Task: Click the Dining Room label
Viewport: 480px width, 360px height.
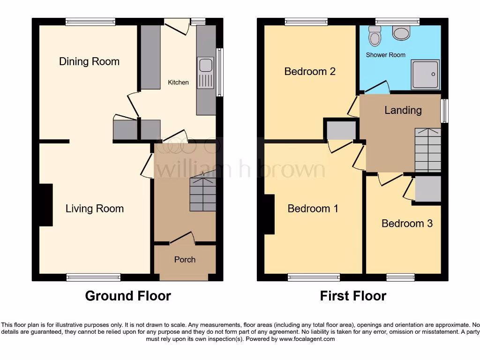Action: (89, 61)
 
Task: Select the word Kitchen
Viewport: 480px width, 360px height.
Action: (178, 82)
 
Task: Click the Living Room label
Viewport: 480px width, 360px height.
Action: (94, 209)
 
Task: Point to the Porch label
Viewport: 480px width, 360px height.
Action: (185, 259)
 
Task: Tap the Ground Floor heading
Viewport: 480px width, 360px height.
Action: (128, 296)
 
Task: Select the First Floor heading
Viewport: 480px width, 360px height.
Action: (353, 296)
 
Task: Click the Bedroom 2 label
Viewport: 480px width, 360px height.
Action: (310, 71)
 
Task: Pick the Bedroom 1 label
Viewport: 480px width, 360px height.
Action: (313, 209)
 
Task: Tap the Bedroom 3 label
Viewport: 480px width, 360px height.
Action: (407, 223)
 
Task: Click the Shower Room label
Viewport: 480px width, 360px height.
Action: (385, 55)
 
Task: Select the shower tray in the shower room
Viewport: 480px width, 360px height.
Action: (425, 74)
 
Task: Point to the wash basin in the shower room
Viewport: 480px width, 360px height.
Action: (401, 33)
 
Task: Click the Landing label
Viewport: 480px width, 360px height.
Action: (403, 110)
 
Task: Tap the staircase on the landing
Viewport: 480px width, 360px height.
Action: (427, 150)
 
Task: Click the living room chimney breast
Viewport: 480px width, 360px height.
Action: (46, 205)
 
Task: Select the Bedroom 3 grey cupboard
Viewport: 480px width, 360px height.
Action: (427, 189)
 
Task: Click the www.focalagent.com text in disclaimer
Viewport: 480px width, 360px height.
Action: (307, 339)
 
